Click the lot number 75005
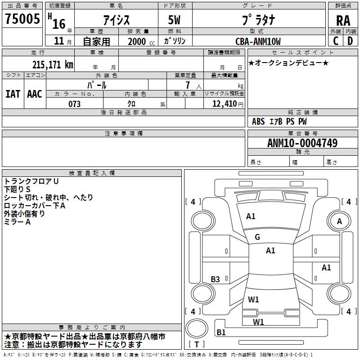click(x=22, y=20)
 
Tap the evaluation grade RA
click(x=343, y=20)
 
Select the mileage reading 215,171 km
click(x=53, y=64)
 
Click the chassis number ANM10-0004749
click(x=302, y=143)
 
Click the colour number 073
click(x=74, y=104)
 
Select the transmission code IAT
click(x=13, y=94)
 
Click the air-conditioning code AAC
click(x=34, y=94)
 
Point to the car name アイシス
click(x=116, y=20)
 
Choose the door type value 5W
click(x=175, y=20)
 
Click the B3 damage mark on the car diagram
click(x=216, y=279)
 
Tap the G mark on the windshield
click(x=257, y=237)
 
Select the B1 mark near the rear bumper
click(x=221, y=333)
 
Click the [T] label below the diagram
click(x=197, y=344)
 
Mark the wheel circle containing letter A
click(x=339, y=221)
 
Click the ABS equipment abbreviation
click(x=258, y=121)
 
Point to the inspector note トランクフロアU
click(x=31, y=181)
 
